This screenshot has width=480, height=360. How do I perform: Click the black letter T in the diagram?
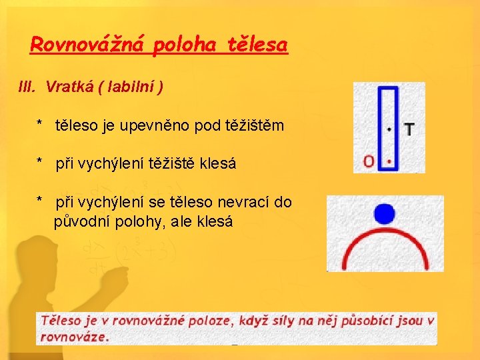[x=407, y=129]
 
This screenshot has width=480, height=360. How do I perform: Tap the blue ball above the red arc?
[x=385, y=213]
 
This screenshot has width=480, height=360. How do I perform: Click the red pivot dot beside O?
[x=389, y=161]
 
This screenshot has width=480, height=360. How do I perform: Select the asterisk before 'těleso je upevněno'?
[x=41, y=125]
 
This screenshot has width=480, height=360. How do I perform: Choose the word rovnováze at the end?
[x=73, y=337]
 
